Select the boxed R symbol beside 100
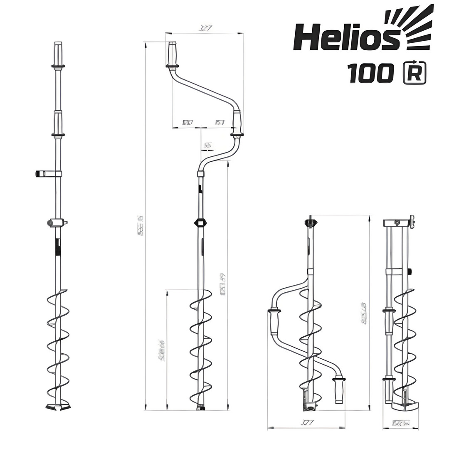(415, 73)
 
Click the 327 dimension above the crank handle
(205, 29)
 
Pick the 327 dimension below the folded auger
(306, 423)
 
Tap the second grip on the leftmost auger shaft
(58, 122)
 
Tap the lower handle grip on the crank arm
(237, 123)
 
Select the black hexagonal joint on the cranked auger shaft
(200, 222)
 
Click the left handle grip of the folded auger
(275, 322)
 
